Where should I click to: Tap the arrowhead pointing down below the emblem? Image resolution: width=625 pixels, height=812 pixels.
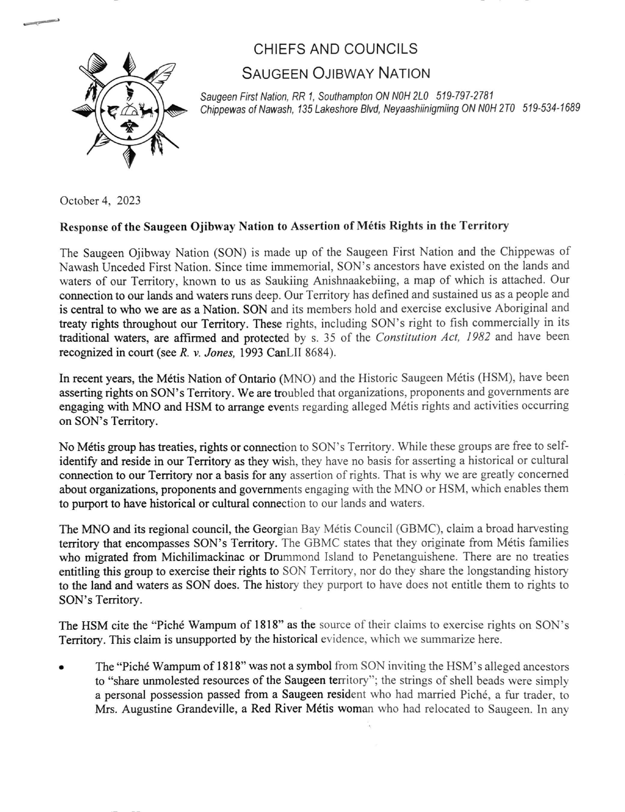[x=130, y=158]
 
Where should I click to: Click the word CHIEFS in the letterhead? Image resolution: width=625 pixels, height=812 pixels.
[x=277, y=49]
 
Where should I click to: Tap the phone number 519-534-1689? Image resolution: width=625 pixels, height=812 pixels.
[x=551, y=108]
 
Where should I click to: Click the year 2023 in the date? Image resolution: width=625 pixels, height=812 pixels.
[x=128, y=201]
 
